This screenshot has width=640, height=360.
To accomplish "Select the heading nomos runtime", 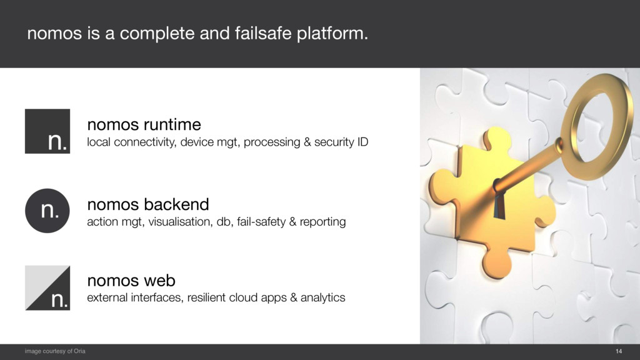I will [144, 123].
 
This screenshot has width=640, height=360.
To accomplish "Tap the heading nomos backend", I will [147, 204].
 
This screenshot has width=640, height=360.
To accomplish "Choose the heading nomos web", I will [131, 279].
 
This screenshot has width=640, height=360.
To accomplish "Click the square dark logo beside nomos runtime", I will [47, 131].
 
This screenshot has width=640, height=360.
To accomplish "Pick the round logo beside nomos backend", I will [47, 211].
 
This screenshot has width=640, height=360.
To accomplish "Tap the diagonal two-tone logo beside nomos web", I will [47, 287].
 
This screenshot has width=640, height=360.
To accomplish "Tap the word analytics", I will [322, 297].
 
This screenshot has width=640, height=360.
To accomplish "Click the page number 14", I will [619, 352].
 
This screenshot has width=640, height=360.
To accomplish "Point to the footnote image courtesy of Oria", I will [55, 352].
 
